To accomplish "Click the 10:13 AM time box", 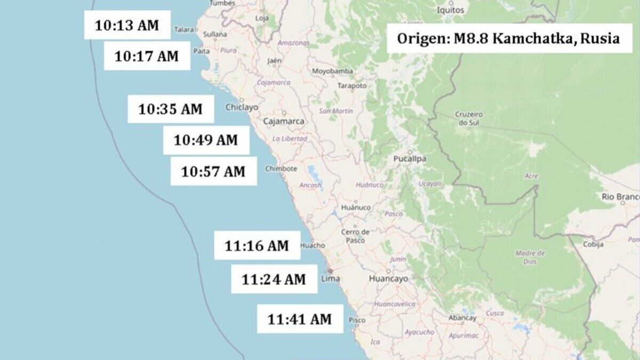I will (x=127, y=26).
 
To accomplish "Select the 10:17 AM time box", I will (x=147, y=56).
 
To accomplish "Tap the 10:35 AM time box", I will (x=171, y=109).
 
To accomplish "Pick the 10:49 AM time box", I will (x=206, y=140).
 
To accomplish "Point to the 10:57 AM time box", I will (x=213, y=171).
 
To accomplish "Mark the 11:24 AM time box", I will (x=274, y=279).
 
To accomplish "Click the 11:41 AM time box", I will (x=300, y=319).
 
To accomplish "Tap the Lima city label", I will (x=331, y=278).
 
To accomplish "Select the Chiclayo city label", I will (x=242, y=107).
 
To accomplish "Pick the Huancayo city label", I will (x=388, y=278).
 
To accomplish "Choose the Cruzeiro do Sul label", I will (x=469, y=118).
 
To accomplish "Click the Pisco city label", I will (x=357, y=320).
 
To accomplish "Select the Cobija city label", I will (x=593, y=244).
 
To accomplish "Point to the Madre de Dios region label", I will (x=530, y=257).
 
